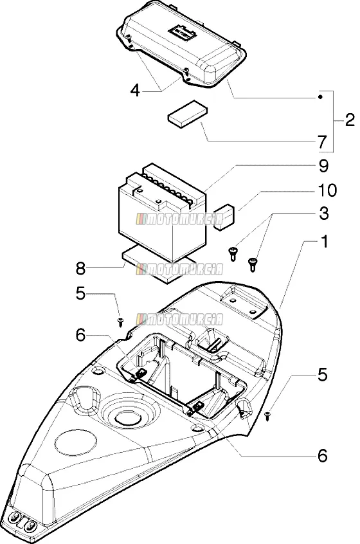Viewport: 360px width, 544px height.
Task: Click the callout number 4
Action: pyautogui.click(x=135, y=91)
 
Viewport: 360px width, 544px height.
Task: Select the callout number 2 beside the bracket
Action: pyautogui.click(x=350, y=120)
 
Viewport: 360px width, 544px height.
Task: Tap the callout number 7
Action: pyautogui.click(x=322, y=142)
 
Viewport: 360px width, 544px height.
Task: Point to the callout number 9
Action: pyautogui.click(x=323, y=166)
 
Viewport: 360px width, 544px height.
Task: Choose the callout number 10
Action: pyautogui.click(x=327, y=190)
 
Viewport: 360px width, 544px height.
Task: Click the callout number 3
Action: pyautogui.click(x=323, y=213)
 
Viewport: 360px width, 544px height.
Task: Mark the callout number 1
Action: pyautogui.click(x=324, y=242)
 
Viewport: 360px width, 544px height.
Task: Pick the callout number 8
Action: pyautogui.click(x=80, y=268)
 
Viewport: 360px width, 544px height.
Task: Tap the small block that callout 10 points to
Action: pyautogui.click(x=224, y=217)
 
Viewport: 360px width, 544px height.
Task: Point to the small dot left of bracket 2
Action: pyautogui.click(x=321, y=97)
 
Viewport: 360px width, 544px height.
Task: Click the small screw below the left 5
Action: pyautogui.click(x=121, y=322)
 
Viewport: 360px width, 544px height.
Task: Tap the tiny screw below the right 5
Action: pyautogui.click(x=267, y=415)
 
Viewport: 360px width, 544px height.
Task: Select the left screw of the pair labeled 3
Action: pyautogui.click(x=233, y=253)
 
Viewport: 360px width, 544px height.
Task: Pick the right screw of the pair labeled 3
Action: pyautogui.click(x=253, y=265)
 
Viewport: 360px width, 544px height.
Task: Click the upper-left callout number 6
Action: pyautogui.click(x=80, y=335)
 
